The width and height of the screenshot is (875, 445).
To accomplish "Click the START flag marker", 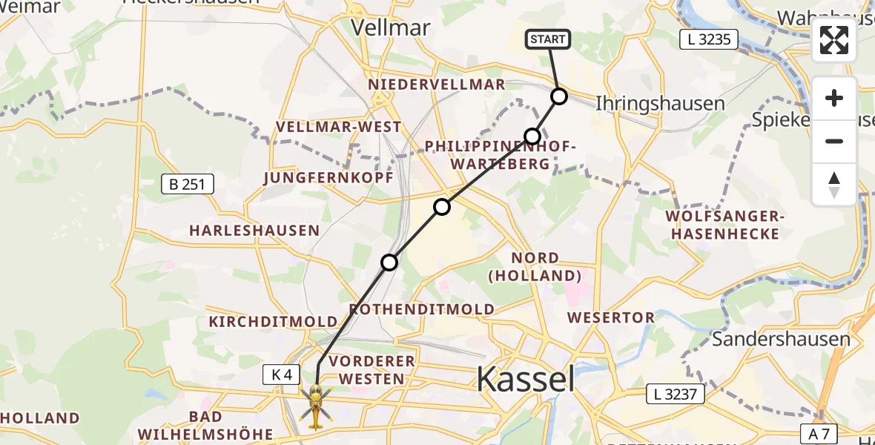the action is (548, 39).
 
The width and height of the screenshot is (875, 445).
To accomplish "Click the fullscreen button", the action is (834, 40).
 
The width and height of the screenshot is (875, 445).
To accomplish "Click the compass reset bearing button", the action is (834, 185).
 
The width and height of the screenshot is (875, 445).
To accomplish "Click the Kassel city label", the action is (525, 379).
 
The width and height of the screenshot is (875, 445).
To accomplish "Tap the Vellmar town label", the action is (390, 27).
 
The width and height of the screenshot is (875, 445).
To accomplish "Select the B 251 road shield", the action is (188, 185).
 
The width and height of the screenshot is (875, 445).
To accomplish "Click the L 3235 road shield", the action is (709, 39).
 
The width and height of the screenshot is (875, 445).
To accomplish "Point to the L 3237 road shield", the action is (676, 394).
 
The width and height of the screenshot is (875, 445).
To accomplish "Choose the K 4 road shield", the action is (282, 375).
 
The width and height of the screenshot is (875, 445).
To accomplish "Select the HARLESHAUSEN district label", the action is (254, 231).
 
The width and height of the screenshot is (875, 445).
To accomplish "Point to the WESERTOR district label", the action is (611, 317).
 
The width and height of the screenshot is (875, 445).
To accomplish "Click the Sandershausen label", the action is (781, 340).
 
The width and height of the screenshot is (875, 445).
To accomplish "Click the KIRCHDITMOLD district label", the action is (274, 322).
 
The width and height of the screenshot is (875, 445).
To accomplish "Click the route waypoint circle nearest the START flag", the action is (559, 96).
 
